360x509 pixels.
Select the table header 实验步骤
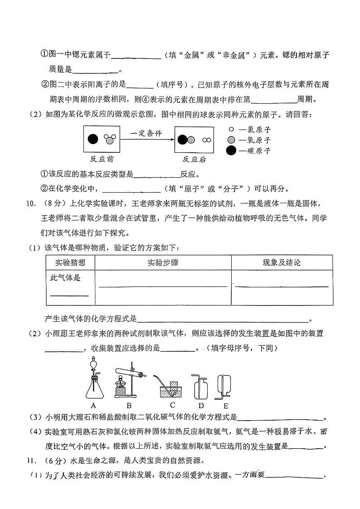163,263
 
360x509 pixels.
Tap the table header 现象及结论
282,263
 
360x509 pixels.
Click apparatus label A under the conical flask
93,404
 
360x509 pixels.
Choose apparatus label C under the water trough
173,404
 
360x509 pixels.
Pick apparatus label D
201,405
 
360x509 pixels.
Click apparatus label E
225,405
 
